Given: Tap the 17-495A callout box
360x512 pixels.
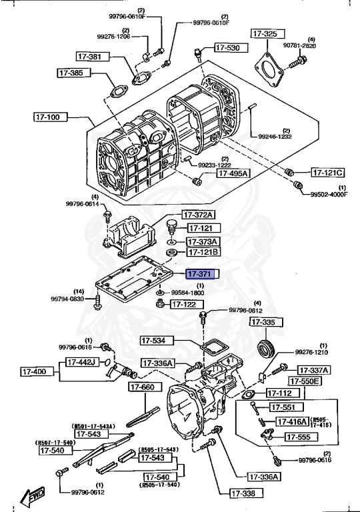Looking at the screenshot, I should pyautogui.click(x=231, y=173).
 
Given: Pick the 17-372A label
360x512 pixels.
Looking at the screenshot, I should pyautogui.click(x=199, y=215).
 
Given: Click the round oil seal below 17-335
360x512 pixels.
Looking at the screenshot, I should pyautogui.click(x=266, y=347).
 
